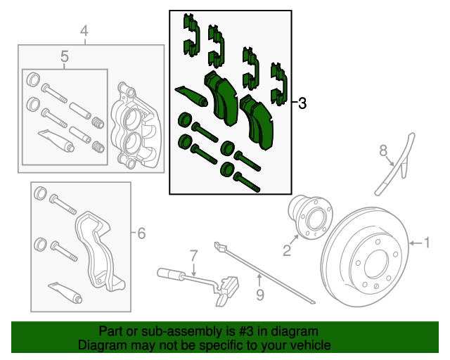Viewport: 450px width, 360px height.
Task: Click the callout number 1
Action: [x=427, y=243]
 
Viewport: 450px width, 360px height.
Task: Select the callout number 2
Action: [x=287, y=250]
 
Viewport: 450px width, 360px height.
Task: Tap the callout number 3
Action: [x=302, y=104]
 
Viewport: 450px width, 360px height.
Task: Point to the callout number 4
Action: [x=84, y=31]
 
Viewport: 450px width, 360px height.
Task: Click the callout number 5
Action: [x=64, y=56]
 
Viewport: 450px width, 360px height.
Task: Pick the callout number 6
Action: [x=141, y=233]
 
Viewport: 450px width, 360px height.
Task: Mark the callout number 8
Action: [x=383, y=150]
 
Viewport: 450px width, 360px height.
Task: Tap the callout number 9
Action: [x=259, y=295]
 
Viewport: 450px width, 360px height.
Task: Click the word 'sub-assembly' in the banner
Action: [x=176, y=331]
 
